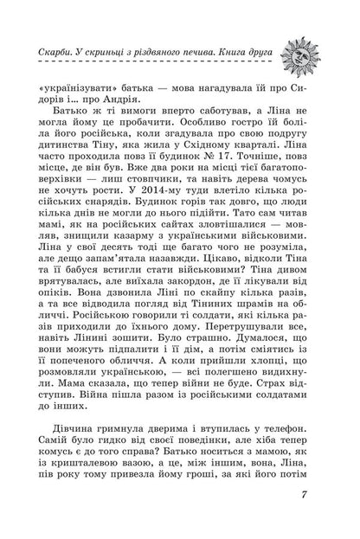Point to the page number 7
pyautogui.click(x=305, y=519)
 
